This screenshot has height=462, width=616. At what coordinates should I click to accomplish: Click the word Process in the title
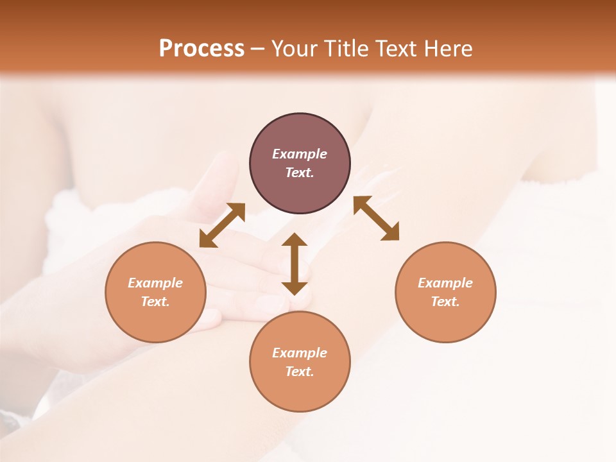pos(201,49)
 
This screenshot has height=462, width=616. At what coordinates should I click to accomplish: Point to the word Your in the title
pos(295,49)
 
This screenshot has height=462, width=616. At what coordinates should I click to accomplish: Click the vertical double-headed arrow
pos(295,264)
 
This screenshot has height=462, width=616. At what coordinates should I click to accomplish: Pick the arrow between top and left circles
pos(223,225)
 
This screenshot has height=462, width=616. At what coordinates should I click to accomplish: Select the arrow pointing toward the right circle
pos(376,218)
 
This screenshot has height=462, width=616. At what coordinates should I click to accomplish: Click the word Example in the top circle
pos(300,154)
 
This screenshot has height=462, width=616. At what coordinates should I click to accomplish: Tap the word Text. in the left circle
pos(155,302)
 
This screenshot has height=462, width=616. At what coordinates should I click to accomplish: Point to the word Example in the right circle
pos(445,283)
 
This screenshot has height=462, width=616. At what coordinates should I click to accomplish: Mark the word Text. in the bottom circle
pos(300,372)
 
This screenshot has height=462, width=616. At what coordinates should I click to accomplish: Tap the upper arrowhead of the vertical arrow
pos(295,239)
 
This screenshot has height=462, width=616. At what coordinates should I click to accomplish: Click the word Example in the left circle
pos(155,283)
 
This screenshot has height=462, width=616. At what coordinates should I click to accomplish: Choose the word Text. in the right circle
pos(445,302)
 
